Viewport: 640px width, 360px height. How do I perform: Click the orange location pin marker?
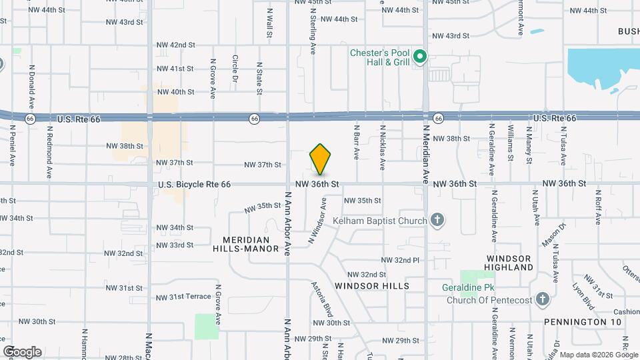(x=320, y=161)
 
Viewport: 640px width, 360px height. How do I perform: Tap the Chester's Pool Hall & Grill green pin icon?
(x=419, y=57)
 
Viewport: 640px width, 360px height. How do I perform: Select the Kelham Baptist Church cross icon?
(x=437, y=220)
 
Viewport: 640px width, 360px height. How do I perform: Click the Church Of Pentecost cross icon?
(x=542, y=299)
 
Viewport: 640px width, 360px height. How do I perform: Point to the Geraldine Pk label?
(x=471, y=288)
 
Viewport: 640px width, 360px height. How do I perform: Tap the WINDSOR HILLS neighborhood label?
(x=372, y=285)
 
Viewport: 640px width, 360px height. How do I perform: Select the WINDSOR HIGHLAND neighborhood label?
(x=510, y=263)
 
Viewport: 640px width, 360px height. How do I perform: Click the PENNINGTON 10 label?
(x=583, y=322)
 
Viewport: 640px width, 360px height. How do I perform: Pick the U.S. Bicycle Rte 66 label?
(x=194, y=183)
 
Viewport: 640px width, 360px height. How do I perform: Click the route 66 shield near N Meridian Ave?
(x=437, y=118)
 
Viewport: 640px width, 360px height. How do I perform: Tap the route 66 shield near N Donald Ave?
(x=30, y=118)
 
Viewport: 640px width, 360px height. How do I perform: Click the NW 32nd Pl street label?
(x=400, y=260)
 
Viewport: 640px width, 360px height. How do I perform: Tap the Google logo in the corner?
(x=22, y=352)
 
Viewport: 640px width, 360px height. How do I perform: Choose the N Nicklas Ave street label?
(x=383, y=147)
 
